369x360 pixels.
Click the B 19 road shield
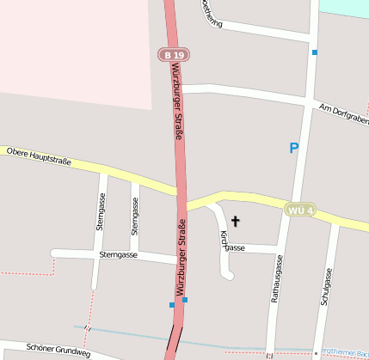click(x=173, y=54)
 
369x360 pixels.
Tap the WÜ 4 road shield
click(x=300, y=210)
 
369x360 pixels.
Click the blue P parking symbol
click(x=293, y=149)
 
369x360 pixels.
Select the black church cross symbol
click(x=235, y=222)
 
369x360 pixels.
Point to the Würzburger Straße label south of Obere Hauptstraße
click(x=181, y=258)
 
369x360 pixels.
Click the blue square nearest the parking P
click(x=316, y=52)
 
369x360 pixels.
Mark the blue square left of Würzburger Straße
click(x=171, y=304)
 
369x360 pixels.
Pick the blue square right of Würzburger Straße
click(x=185, y=300)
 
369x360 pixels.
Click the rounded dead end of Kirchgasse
click(x=228, y=274)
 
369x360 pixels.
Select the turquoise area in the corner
click(x=343, y=7)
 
